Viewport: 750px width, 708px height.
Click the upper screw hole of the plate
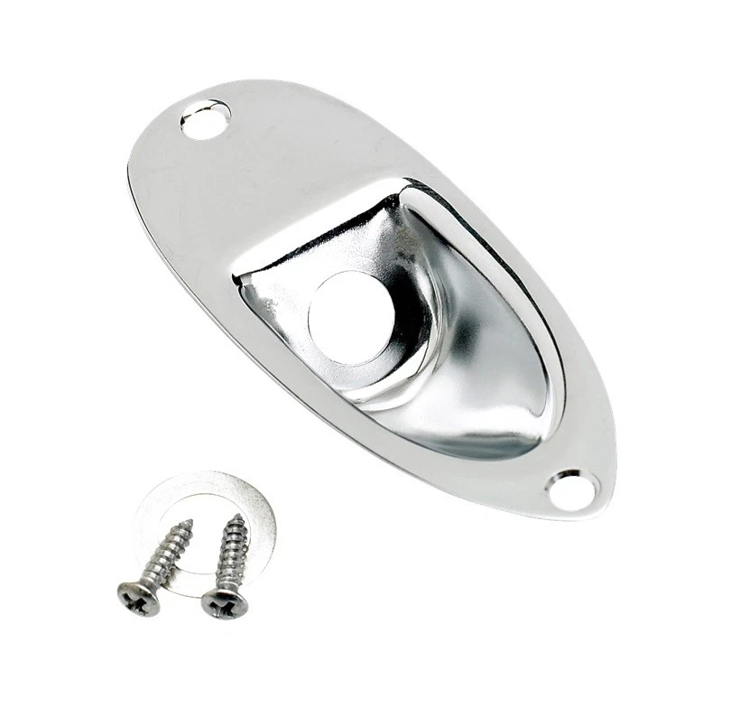pyautogui.click(x=205, y=119)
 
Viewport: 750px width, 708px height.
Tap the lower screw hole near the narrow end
pyautogui.click(x=572, y=489)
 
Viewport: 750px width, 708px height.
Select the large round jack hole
pyautogui.click(x=348, y=317)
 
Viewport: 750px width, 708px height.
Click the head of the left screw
pyautogui.click(x=139, y=598)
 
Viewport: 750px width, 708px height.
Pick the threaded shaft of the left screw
pyautogui.click(x=167, y=554)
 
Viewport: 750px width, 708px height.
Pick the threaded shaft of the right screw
pyautogui.click(x=229, y=553)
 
